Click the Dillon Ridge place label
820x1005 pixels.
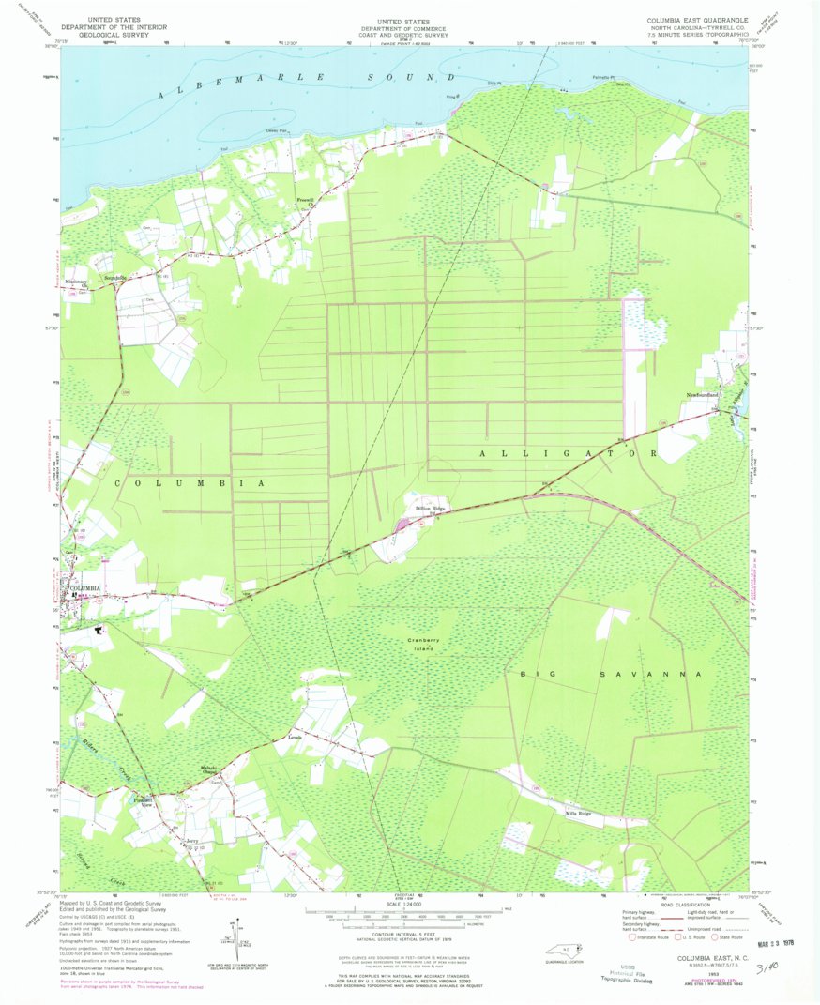[431, 509]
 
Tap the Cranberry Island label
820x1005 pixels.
[425, 644]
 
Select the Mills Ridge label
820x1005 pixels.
[578, 813]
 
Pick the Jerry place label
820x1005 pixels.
[192, 840]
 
